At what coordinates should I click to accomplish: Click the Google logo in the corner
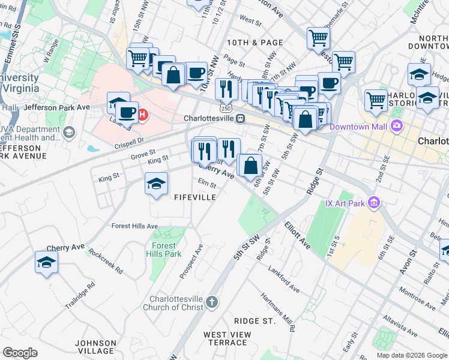point(20,353)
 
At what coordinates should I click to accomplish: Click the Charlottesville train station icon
point(240,119)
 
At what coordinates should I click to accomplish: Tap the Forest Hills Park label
point(163,250)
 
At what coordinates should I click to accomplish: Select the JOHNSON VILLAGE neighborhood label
point(96,347)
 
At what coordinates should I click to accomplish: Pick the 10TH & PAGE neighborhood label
point(255,43)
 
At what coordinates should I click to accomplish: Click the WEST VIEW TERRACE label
point(225,338)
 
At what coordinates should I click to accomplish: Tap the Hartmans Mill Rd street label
point(277,311)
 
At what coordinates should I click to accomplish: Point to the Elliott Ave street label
point(297,236)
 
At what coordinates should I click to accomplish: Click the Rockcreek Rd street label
point(105,261)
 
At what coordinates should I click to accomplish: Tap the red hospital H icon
point(143,114)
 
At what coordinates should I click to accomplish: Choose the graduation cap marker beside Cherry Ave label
point(47,262)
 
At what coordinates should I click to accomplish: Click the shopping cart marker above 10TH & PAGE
point(318,38)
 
